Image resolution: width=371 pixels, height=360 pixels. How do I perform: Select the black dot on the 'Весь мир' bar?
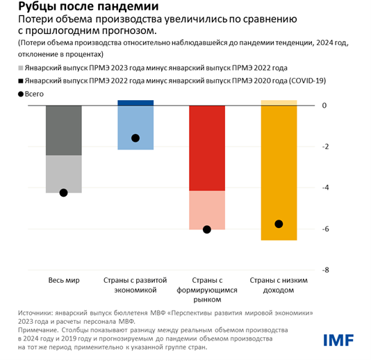[x=63, y=193]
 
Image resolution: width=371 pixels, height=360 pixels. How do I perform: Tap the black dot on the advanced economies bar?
[x=135, y=138]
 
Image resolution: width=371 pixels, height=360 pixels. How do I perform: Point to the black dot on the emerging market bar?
[x=206, y=229]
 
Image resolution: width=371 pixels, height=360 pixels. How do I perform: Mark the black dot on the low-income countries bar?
[x=279, y=224]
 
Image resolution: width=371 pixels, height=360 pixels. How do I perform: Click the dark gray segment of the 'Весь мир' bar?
[x=63, y=130]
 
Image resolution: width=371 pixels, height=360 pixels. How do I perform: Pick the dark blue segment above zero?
[x=135, y=102]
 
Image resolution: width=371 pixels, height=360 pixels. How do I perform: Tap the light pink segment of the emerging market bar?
[x=206, y=209]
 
